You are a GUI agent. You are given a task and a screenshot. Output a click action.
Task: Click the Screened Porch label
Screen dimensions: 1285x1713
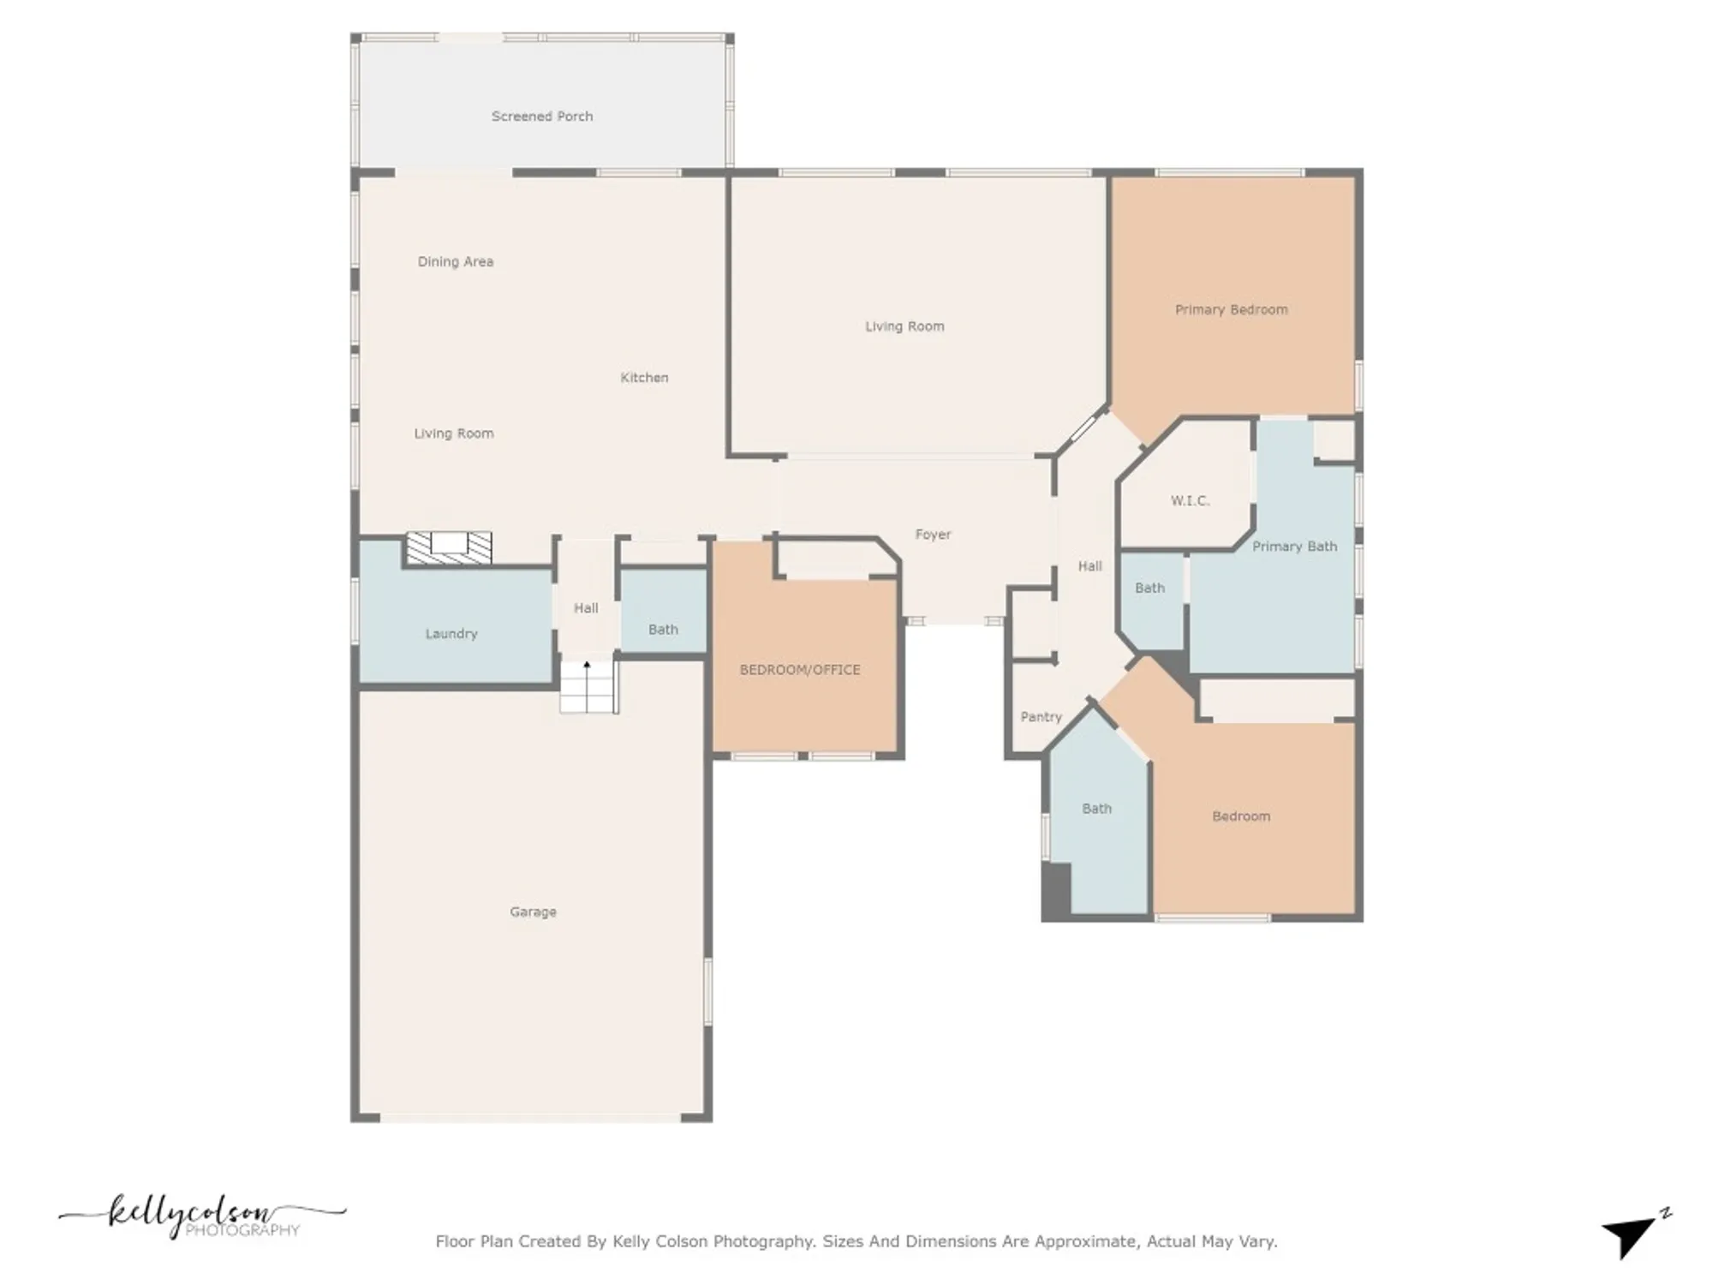pos(541,117)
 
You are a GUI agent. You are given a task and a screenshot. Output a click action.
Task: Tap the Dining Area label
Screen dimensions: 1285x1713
pos(455,262)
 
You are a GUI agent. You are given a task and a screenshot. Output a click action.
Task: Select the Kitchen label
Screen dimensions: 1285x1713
pos(644,378)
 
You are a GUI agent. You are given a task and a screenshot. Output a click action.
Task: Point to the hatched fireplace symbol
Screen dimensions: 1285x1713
pos(449,548)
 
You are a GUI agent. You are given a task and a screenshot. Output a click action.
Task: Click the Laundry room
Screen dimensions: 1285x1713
pos(451,634)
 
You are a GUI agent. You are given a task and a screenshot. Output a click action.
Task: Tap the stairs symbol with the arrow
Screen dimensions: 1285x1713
pos(588,687)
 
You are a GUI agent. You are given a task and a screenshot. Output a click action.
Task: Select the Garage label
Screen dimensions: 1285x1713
pos(533,912)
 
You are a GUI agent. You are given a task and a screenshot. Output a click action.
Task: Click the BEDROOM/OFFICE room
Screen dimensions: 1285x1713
pos(800,670)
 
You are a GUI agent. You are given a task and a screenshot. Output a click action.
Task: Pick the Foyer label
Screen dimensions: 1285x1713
pos(933,535)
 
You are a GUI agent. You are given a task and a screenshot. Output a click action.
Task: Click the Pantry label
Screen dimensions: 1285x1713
pos(1041,717)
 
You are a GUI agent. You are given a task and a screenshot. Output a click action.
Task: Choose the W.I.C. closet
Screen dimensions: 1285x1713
pos(1190,501)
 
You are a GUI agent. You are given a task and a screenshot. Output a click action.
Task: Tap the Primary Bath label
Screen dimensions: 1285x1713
pos(1294,547)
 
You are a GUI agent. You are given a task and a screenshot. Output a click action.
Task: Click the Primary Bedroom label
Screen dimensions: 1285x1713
pos(1231,310)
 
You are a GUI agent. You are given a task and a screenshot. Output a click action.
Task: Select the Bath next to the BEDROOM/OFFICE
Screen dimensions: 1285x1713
pos(663,630)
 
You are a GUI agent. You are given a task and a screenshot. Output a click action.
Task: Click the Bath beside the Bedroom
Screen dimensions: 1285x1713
pos(1096,809)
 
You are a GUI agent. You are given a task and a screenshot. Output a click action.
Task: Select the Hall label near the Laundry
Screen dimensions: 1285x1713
pos(586,608)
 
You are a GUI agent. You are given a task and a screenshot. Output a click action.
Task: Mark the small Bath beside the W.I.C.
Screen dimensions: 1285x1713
pos(1149,589)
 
